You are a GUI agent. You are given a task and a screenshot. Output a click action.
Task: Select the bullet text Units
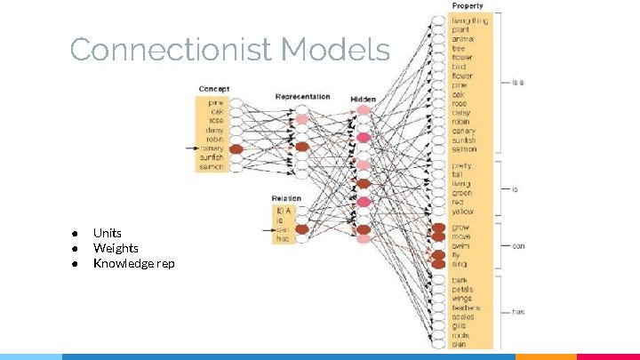[108, 233]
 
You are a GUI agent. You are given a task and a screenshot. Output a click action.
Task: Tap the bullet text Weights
[116, 248]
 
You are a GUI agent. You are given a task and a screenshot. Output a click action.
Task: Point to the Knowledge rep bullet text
[133, 263]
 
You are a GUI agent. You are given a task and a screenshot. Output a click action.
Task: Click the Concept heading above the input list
[213, 89]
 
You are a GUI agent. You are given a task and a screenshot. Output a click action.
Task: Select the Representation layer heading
[302, 97]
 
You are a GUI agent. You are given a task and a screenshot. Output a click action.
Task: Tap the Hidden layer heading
[363, 99]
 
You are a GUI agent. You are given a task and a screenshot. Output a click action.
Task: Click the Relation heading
[286, 198]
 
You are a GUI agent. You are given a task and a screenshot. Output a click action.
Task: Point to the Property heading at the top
[468, 6]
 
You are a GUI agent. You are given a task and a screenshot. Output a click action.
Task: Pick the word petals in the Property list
[462, 289]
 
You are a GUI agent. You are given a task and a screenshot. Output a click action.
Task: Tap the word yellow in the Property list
[462, 212]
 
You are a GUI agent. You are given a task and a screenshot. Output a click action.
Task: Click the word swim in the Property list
[460, 245]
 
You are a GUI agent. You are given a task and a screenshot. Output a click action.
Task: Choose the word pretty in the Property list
[461, 165]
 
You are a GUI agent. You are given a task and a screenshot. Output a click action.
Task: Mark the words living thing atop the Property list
[469, 20]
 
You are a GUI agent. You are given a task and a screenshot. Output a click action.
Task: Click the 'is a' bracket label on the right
[517, 83]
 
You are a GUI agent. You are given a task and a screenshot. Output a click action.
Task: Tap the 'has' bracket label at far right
[517, 312]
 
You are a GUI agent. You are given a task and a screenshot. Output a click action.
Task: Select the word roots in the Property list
[460, 335]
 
